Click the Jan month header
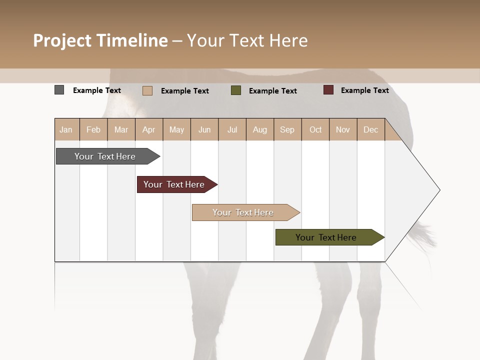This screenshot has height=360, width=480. (x=66, y=129)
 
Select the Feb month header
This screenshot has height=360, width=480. (x=93, y=129)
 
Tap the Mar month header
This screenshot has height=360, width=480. (x=121, y=129)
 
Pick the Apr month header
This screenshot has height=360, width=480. (x=149, y=129)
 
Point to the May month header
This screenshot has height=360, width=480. (x=176, y=129)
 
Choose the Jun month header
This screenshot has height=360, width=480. (x=204, y=129)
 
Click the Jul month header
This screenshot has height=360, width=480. (x=232, y=129)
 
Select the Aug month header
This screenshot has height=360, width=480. (x=260, y=129)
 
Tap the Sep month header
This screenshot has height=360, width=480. (x=287, y=129)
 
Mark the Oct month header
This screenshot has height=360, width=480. (x=315, y=129)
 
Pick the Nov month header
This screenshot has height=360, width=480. (x=343, y=129)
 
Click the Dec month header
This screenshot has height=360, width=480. (x=371, y=129)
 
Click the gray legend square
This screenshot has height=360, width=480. (x=59, y=90)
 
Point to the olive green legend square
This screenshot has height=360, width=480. (x=236, y=90)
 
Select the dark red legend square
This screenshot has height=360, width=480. (x=328, y=90)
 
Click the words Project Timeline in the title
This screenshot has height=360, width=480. (x=100, y=40)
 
